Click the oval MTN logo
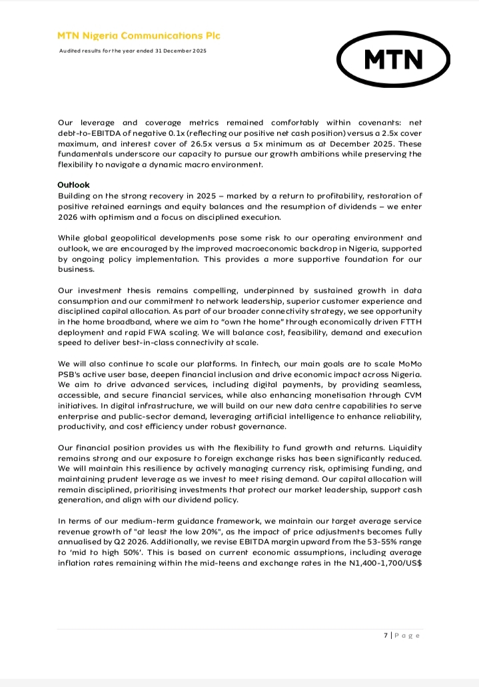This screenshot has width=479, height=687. pos(393,60)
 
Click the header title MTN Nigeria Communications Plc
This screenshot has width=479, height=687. pos(139,36)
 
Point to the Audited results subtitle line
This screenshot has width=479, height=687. pos(133,51)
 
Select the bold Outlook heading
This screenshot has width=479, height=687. pos(74,185)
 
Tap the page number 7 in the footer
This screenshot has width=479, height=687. pos(386,635)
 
